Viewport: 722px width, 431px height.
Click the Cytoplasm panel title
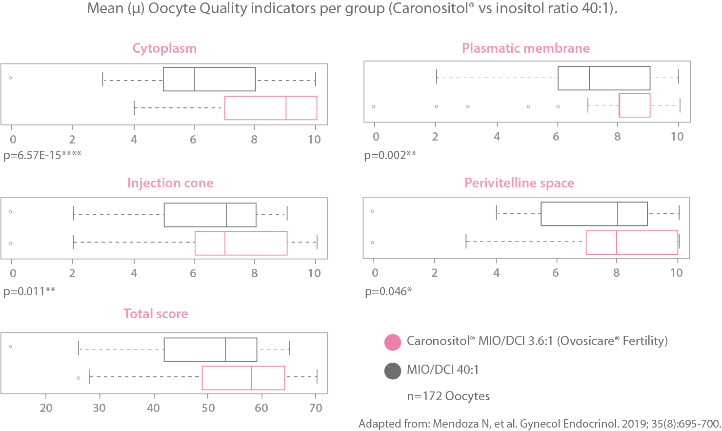(x=164, y=48)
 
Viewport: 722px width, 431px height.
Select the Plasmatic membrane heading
(x=526, y=48)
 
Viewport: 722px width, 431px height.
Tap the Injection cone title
(x=170, y=183)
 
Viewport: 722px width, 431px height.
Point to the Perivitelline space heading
(x=519, y=183)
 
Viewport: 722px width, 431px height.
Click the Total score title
(x=156, y=314)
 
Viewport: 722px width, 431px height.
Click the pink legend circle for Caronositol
(x=393, y=342)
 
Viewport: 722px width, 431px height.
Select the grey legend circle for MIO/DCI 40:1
(x=393, y=371)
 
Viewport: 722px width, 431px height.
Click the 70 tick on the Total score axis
(x=316, y=408)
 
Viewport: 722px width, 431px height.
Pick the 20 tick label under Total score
(x=46, y=408)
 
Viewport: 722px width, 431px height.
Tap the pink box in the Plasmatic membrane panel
(x=634, y=105)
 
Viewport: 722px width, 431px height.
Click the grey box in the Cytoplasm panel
(x=209, y=79)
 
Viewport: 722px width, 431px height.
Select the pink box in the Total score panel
(x=243, y=378)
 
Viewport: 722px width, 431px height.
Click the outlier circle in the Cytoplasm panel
(x=10, y=78)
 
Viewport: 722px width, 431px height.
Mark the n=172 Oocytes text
(x=448, y=396)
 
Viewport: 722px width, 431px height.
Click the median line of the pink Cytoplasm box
(x=286, y=108)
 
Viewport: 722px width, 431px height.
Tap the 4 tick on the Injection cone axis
(x=134, y=273)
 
